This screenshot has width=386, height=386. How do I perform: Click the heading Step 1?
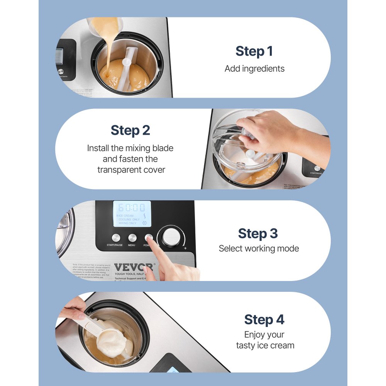coord(254,51)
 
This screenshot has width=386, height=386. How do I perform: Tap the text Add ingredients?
coord(254,69)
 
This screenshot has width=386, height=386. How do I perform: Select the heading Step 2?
coord(130,130)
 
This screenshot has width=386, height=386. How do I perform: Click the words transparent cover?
coord(131,170)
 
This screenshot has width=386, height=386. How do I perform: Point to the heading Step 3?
coord(258,233)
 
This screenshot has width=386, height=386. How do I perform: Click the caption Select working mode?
coord(259,249)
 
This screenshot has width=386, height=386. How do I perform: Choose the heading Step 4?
coord(264,320)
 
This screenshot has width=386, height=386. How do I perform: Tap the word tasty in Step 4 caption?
coord(245,345)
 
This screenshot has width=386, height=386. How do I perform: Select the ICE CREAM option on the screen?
coord(126,215)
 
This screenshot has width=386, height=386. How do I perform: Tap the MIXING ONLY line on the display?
coord(127,223)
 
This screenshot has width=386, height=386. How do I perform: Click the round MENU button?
coord(132,238)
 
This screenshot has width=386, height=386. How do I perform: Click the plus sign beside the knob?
coord(186,248)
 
